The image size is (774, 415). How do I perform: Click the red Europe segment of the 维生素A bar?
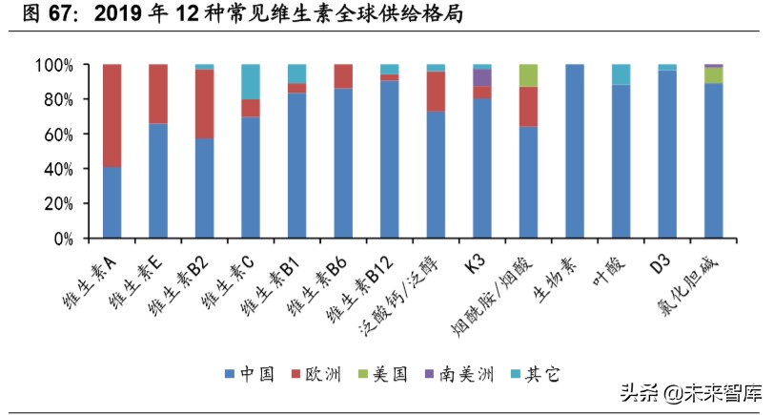(112, 115)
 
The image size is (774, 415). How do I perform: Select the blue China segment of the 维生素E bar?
(158, 180)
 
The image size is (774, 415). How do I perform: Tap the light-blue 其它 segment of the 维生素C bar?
(251, 81)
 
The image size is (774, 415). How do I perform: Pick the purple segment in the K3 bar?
(482, 77)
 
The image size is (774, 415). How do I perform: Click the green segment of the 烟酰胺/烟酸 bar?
(528, 75)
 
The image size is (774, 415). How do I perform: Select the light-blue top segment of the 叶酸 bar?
(621, 74)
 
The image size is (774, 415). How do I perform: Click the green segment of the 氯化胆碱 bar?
(713, 75)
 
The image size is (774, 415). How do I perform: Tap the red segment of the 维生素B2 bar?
(204, 104)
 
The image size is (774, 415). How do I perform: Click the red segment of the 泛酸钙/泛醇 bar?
(436, 92)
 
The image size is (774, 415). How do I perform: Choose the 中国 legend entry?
(249, 374)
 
